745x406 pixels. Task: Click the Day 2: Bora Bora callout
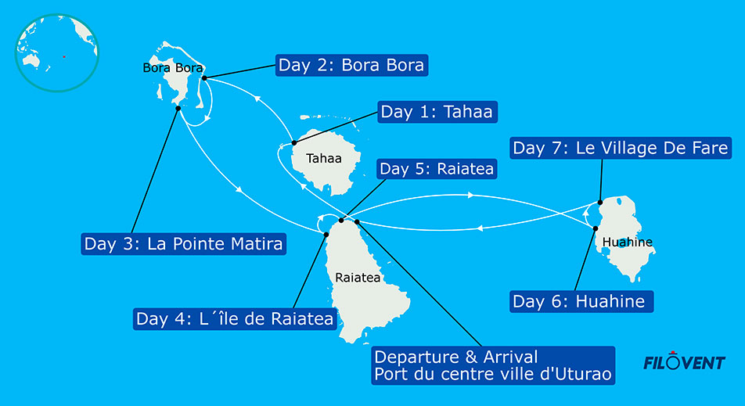(351, 65)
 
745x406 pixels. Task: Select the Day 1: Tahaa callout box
(437, 112)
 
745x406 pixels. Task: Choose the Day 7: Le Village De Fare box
(621, 147)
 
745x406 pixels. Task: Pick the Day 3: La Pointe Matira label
(184, 243)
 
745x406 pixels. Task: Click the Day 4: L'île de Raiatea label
(235, 318)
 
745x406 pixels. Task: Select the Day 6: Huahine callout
(581, 301)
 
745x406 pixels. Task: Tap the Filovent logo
(683, 362)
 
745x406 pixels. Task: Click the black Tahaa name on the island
(323, 158)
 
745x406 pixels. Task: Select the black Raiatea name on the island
(356, 277)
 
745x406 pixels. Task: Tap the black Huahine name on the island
(628, 242)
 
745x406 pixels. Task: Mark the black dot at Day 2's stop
(203, 78)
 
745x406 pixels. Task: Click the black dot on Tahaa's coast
(293, 143)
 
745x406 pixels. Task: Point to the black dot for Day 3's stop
(178, 109)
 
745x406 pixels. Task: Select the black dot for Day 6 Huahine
(596, 228)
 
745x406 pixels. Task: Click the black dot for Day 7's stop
(599, 201)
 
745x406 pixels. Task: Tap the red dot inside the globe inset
(63, 56)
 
